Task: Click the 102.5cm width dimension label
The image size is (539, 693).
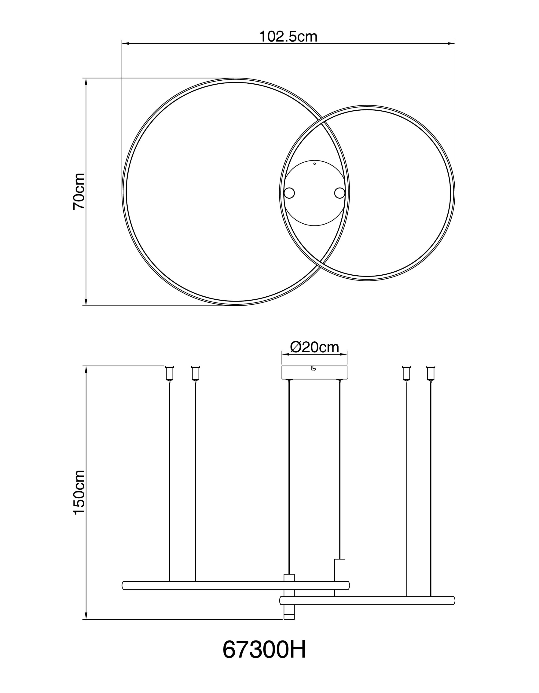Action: tap(288, 36)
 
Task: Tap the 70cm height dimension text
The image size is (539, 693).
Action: tap(79, 191)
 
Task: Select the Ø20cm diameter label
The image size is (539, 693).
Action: tap(315, 347)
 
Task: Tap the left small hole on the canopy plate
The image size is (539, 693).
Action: tap(289, 193)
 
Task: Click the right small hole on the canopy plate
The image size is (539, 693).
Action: tap(340, 193)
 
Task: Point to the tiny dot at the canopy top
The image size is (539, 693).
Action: tap(315, 164)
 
